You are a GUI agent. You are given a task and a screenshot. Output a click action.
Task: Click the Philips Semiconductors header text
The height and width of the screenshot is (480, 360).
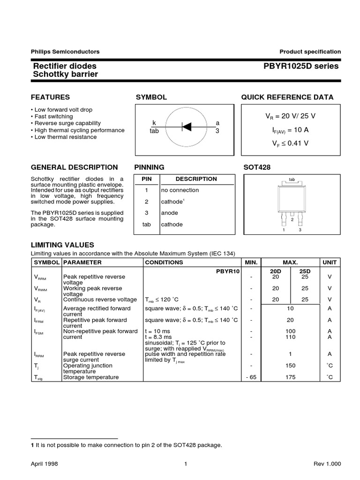(65, 52)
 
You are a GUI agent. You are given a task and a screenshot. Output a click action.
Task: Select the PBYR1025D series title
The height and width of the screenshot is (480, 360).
(301, 66)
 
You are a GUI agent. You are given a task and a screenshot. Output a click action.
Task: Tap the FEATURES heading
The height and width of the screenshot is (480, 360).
(50, 97)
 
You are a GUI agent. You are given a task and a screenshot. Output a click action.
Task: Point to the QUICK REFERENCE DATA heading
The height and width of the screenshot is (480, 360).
(287, 97)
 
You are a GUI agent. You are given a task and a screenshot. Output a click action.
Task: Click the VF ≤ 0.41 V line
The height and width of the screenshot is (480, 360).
(288, 143)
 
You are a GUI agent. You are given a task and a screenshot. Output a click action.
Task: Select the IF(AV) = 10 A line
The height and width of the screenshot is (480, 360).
(288, 130)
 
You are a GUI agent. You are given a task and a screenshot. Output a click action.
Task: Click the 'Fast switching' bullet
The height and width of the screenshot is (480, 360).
(53, 116)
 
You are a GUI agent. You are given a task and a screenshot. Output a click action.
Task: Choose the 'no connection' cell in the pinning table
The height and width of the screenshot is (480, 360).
(180, 190)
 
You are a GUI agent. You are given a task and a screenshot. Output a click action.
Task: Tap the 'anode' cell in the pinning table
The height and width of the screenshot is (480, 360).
(170, 213)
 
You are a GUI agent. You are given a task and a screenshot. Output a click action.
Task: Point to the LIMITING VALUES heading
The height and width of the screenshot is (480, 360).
(62, 245)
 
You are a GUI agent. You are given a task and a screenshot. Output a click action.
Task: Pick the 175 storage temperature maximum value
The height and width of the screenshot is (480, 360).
(290, 377)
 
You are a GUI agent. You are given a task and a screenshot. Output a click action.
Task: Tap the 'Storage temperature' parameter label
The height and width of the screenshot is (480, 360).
(91, 377)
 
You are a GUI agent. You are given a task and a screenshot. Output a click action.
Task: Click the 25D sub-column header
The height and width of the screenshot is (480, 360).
(305, 271)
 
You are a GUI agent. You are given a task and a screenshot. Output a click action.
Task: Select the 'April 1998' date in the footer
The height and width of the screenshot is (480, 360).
(44, 464)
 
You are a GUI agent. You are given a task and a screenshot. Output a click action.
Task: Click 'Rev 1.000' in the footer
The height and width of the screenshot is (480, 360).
(327, 464)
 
